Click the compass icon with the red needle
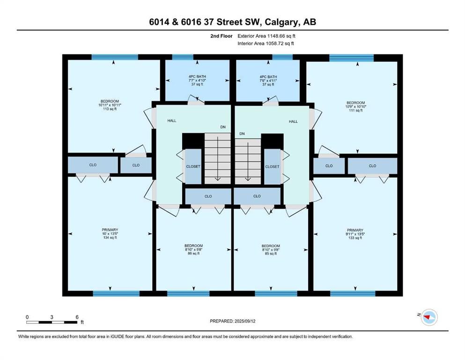pos(429,317)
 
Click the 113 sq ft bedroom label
pos(110,105)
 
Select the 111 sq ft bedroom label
pos(355,106)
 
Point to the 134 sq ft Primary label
pos(110,233)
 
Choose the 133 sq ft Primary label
pos(355,234)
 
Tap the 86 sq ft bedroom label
pos(194,249)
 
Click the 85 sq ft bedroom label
pos(271,250)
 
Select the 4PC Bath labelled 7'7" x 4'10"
pos(197,81)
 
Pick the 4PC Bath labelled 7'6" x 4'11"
pos(268,81)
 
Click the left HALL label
pos(172,120)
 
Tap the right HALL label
pos(293,121)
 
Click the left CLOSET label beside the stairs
pos(193,166)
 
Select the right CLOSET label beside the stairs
pos(272,167)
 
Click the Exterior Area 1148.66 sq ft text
pos(266,36)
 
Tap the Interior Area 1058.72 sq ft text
pos(266,43)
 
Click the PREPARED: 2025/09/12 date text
pos(232,321)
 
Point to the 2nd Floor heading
pos(221,36)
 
